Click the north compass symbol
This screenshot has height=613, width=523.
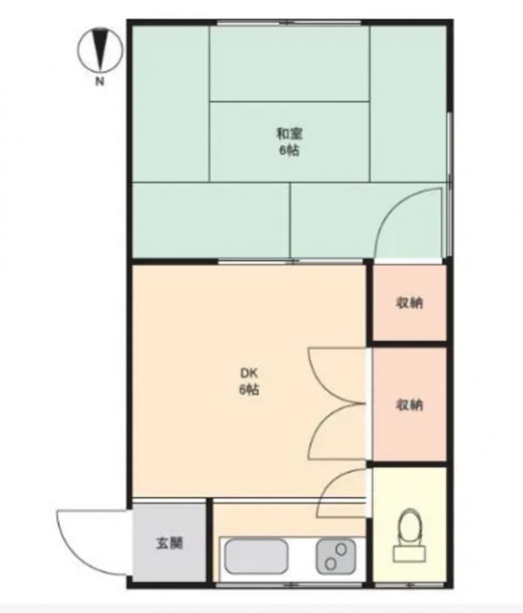pos(100,50)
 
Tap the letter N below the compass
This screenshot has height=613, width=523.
pos(100,81)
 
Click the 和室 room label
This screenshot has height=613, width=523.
pos(289,134)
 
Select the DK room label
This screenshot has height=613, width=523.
pos(249,373)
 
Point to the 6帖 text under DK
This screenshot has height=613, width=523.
pos(249,389)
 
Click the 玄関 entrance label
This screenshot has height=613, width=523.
pos(169,543)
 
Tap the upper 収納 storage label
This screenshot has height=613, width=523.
pos(409,302)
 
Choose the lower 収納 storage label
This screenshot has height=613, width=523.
pos(409,405)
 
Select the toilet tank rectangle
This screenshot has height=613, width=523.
pos(409,553)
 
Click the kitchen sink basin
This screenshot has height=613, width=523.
pos(256,557)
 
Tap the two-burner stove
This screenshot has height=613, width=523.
pos(336,557)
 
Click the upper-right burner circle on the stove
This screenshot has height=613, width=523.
pos(341,550)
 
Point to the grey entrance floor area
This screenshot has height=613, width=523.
pos(169,543)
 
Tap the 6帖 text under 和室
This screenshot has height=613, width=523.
pos(289,150)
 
